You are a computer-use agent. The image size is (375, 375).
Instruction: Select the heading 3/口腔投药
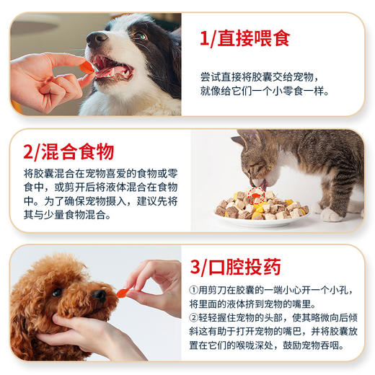[234, 268]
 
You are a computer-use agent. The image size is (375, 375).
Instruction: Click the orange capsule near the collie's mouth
[87, 67]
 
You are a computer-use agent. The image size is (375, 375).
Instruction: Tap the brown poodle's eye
[56, 293]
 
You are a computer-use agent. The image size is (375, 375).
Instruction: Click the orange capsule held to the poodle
[123, 293]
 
